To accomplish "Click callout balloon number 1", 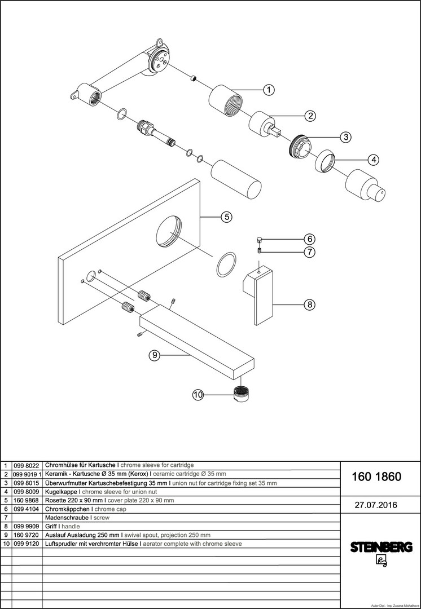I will tap(269, 89).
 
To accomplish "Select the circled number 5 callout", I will tap(225, 217).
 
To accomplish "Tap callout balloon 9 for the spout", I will tap(155, 355).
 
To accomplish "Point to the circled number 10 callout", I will tap(198, 395).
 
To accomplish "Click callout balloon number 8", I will tap(309, 305).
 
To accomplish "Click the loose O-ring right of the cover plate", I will tap(226, 264).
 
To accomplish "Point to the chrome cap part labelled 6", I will tap(259, 239).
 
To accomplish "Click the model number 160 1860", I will tap(376, 476).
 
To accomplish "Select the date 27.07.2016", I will tap(376, 505).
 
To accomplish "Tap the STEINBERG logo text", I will tap(381, 547).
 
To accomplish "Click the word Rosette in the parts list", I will tap(58, 500).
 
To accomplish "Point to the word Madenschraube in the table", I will tap(66, 518).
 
